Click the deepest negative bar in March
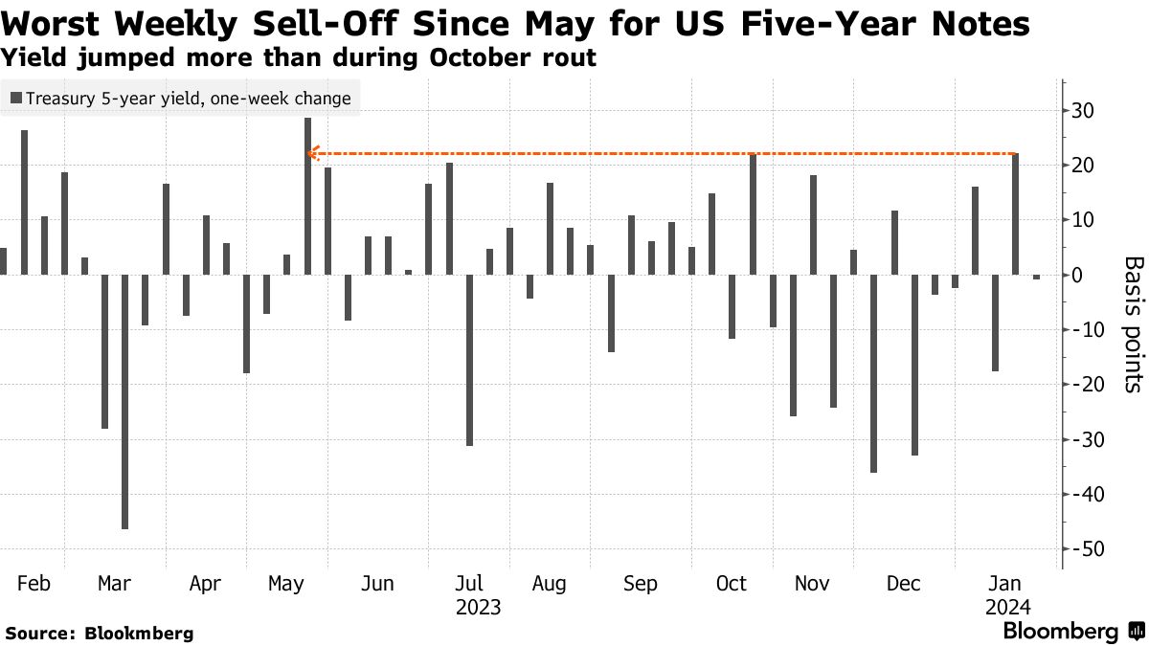(x=124, y=402)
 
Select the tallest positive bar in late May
(x=307, y=196)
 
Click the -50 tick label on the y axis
(x=1087, y=549)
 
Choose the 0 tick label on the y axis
(x=1077, y=276)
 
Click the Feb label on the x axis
(x=34, y=584)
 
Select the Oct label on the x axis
(x=731, y=584)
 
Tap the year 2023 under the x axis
(x=478, y=607)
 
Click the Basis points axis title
(x=1132, y=323)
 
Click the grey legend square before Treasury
(x=16, y=98)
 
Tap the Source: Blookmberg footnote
(x=100, y=633)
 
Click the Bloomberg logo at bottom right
(x=1072, y=632)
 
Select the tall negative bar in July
(x=469, y=360)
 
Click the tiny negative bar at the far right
(x=1036, y=278)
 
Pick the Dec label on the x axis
(x=903, y=584)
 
